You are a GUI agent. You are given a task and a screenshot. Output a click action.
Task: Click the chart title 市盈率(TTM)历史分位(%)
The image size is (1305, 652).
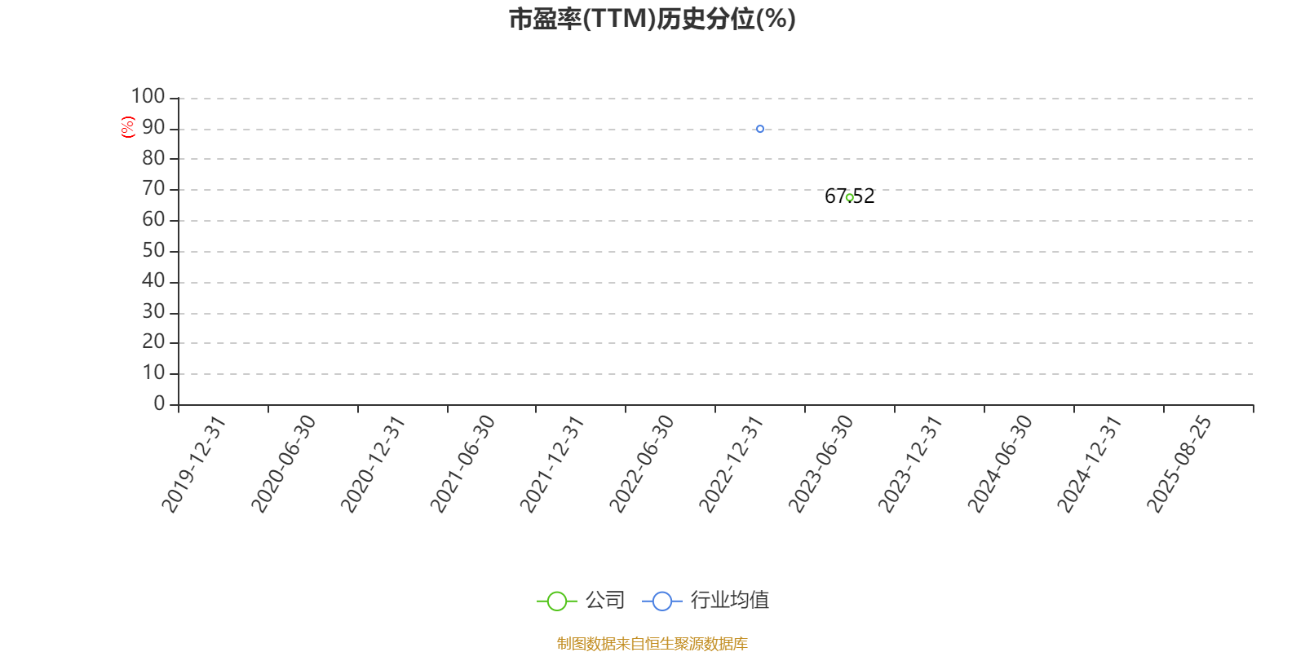[652, 20]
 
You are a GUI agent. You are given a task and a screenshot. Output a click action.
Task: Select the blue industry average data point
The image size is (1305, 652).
[759, 129]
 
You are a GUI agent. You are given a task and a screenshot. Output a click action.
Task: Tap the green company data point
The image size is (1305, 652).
[849, 198]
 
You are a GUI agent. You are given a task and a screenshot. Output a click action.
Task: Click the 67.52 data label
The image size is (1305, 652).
[849, 196]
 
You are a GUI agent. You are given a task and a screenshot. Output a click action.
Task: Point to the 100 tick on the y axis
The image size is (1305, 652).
[148, 96]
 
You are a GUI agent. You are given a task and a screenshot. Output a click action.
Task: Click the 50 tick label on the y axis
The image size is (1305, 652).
[153, 250]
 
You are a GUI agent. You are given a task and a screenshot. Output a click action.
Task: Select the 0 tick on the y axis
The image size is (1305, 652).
[159, 403]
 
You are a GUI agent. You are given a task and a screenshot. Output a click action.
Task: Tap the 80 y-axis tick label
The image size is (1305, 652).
[153, 158]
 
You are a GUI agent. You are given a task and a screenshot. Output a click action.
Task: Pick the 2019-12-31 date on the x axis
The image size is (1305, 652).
[193, 464]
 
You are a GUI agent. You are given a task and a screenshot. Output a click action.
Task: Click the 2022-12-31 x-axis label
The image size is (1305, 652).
[731, 464]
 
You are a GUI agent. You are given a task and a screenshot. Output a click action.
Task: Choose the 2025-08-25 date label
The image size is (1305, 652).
[1179, 464]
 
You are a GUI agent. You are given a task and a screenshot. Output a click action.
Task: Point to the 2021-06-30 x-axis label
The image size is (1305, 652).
[462, 464]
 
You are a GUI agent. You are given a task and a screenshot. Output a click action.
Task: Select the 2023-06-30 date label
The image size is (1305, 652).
[821, 464]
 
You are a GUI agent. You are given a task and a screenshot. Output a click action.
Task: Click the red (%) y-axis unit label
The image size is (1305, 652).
[127, 127]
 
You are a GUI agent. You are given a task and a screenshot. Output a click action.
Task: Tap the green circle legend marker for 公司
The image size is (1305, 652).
[557, 601]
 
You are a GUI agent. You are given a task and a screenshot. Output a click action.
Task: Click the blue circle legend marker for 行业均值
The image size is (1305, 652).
[661, 601]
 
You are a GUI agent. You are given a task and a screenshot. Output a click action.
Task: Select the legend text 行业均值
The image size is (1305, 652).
[729, 600]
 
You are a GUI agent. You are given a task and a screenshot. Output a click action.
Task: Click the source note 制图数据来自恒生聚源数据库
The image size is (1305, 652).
[652, 643]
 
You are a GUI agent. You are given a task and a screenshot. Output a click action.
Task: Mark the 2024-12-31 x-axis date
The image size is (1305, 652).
[1089, 464]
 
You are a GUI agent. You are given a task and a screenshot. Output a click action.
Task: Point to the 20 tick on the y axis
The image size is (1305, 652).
[153, 341]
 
